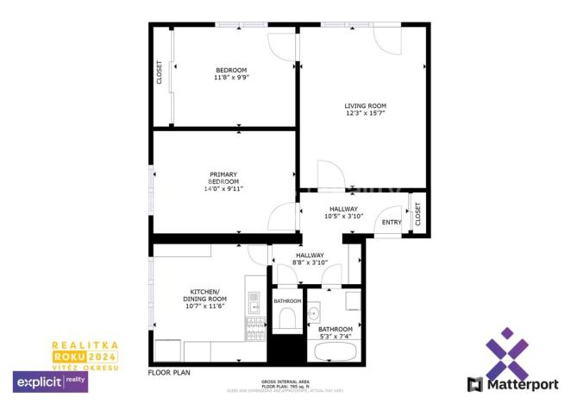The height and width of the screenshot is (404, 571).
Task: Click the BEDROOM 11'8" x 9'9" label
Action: coord(230,74)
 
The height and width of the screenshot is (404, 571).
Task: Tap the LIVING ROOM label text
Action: coord(366,109)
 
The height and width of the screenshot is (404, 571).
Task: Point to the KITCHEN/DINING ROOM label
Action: coord(205,298)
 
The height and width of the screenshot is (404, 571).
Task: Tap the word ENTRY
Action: coord(392,223)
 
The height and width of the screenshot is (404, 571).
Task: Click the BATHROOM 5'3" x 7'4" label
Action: coord(336,332)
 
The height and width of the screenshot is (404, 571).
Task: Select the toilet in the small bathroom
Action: coord(287,320)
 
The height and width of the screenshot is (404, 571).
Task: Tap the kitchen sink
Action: coord(255,302)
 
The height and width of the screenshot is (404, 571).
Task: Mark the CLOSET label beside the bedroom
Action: coord(160,72)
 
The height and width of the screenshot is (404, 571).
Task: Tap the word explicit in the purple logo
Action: coord(38,380)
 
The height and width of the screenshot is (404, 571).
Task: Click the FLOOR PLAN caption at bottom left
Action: coord(169,373)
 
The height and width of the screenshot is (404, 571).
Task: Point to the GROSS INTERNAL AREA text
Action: coord(284,381)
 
